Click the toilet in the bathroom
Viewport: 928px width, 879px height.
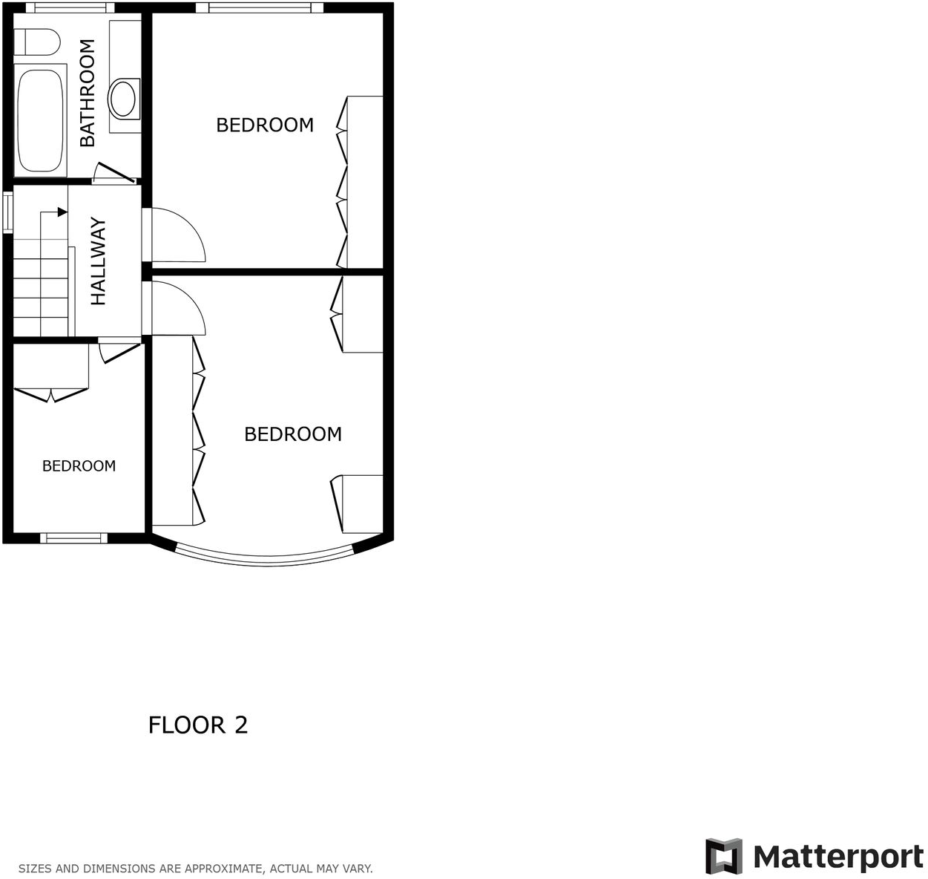click(x=37, y=42)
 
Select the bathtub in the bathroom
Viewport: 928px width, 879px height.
click(x=40, y=119)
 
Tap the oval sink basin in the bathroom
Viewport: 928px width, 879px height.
click(x=123, y=97)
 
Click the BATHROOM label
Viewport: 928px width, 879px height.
click(x=88, y=93)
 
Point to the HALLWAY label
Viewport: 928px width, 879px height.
click(x=99, y=261)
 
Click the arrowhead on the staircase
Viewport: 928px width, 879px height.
click(x=62, y=212)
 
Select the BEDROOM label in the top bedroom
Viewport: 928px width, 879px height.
click(x=265, y=125)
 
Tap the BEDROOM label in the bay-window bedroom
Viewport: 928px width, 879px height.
click(x=293, y=434)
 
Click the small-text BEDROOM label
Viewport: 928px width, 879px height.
click(x=79, y=466)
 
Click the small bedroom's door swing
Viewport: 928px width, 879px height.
click(x=119, y=351)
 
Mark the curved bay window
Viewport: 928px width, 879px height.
click(x=266, y=559)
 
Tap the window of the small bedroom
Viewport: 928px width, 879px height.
click(x=73, y=537)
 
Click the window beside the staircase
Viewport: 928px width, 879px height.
click(x=7, y=212)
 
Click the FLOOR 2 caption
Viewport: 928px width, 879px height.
click(x=198, y=725)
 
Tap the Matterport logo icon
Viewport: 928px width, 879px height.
click(x=723, y=856)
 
